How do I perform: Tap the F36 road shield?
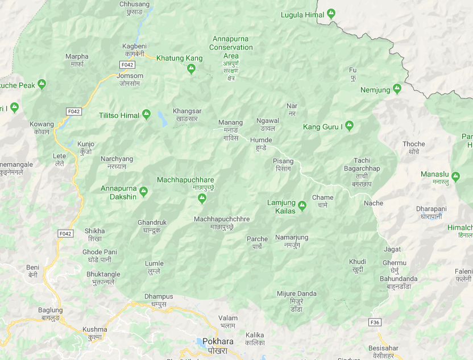(375, 322)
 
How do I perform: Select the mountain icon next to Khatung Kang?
(192, 69)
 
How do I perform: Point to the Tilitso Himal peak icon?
(147, 115)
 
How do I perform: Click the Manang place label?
(230, 122)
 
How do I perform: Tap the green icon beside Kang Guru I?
(350, 126)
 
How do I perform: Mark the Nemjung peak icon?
(397, 89)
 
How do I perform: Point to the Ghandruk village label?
(152, 222)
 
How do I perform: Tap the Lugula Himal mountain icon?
(331, 14)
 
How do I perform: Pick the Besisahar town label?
(383, 347)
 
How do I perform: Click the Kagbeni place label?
(135, 46)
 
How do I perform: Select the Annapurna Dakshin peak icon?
(144, 192)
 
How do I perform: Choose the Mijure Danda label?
(297, 293)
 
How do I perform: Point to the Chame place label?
(322, 198)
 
